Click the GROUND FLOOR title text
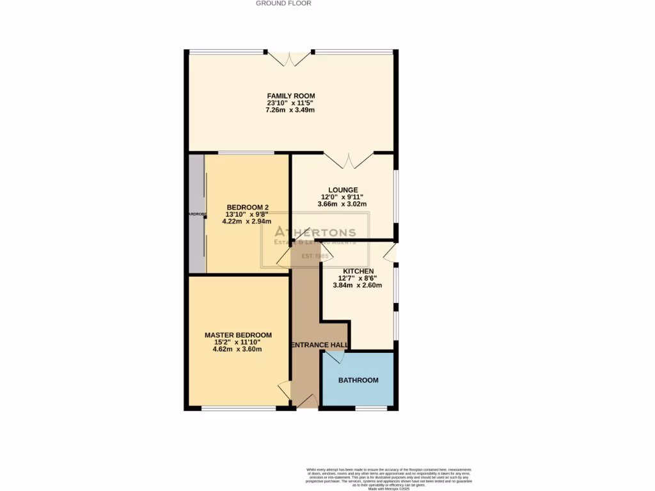click(283, 3)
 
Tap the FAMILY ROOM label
click(291, 96)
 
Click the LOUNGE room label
click(343, 190)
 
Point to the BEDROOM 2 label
click(248, 207)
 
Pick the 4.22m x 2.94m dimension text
click(242, 221)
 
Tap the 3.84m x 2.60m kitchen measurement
click(358, 285)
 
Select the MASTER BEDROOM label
click(238, 335)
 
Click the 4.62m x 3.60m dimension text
click(238, 349)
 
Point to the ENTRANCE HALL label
click(320, 345)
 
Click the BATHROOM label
click(358, 380)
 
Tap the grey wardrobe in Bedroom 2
click(196, 214)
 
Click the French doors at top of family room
click(290, 58)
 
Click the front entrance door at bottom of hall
click(306, 401)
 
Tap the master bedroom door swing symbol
click(284, 389)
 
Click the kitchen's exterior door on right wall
click(390, 254)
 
